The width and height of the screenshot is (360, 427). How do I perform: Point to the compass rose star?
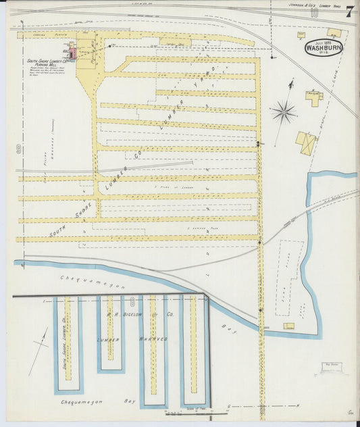point(284,111)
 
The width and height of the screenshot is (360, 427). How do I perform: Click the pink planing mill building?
point(70,52)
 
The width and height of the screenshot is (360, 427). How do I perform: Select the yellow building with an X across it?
point(305,143)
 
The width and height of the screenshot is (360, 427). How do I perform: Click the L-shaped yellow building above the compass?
point(314,97)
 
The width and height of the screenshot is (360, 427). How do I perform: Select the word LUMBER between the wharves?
point(109,340)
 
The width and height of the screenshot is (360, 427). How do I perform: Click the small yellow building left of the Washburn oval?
point(301,34)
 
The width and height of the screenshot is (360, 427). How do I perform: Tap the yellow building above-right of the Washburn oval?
point(333,32)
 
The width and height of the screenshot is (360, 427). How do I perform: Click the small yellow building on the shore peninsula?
point(289,326)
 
